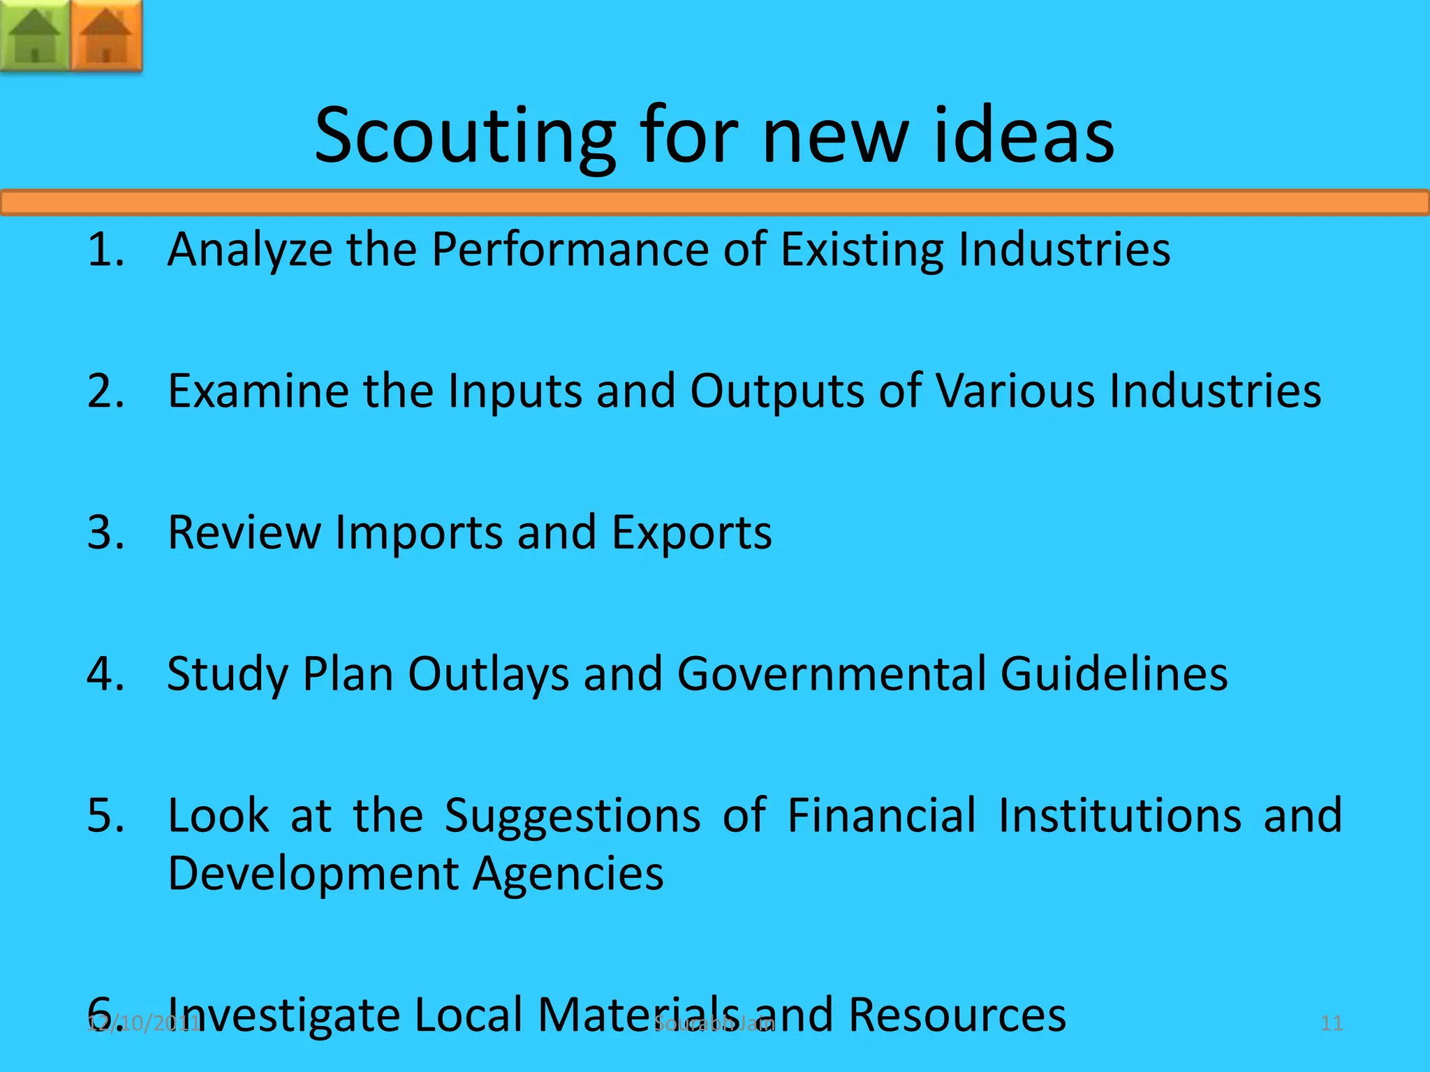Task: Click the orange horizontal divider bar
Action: tap(715, 202)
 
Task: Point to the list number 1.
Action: tap(105, 249)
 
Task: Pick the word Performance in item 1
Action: tap(570, 249)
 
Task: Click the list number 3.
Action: tap(105, 533)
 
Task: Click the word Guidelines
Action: tap(1114, 674)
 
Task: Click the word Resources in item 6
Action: tap(957, 1015)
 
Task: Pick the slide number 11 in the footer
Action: tap(1332, 1024)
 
